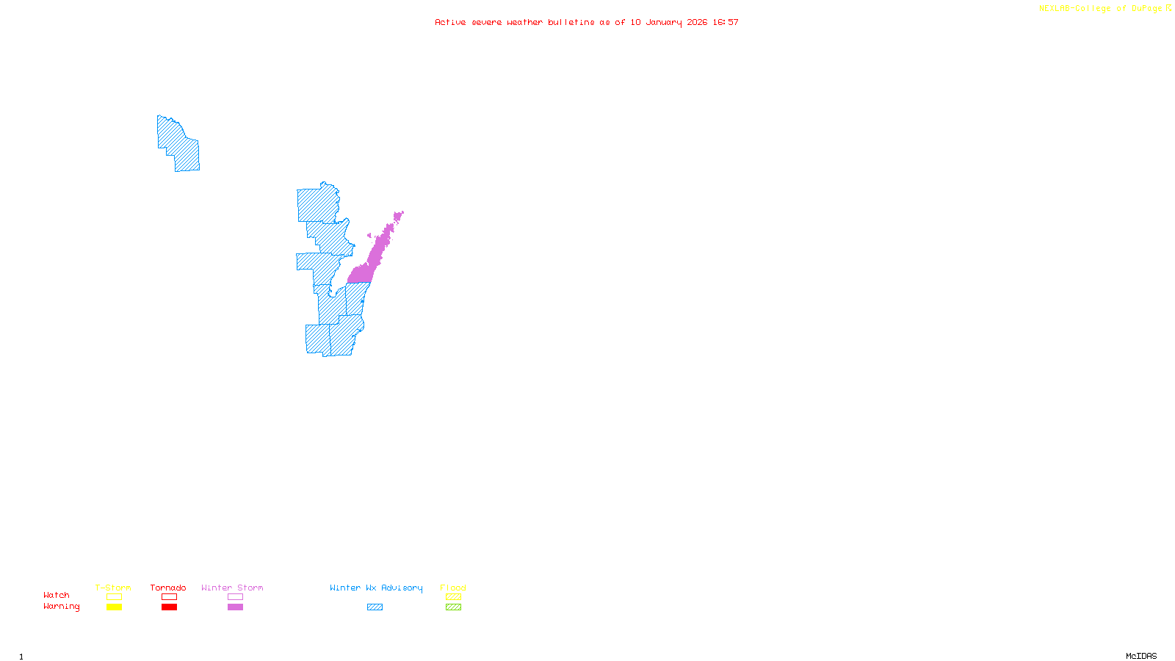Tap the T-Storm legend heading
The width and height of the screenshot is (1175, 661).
(x=113, y=588)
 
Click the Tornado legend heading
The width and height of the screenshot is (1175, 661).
(x=168, y=588)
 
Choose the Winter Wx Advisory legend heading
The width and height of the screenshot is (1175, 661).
(x=376, y=588)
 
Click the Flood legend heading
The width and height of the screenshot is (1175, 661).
(x=453, y=588)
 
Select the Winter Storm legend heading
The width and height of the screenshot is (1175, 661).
(x=232, y=588)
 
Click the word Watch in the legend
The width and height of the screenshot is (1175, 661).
(x=57, y=595)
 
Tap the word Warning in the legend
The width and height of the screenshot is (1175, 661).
(x=62, y=607)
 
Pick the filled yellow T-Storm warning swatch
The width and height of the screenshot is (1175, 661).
(x=114, y=607)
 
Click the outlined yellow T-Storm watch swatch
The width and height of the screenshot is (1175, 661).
(x=114, y=597)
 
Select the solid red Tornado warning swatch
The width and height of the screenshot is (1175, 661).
(x=169, y=607)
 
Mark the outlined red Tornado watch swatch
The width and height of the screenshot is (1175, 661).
(x=169, y=597)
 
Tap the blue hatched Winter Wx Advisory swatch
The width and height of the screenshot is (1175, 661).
(x=375, y=607)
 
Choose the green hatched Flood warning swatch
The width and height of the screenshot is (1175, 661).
(x=453, y=607)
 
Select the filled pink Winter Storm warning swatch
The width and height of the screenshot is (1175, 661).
(x=235, y=607)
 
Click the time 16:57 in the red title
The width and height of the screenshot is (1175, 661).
(x=726, y=22)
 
